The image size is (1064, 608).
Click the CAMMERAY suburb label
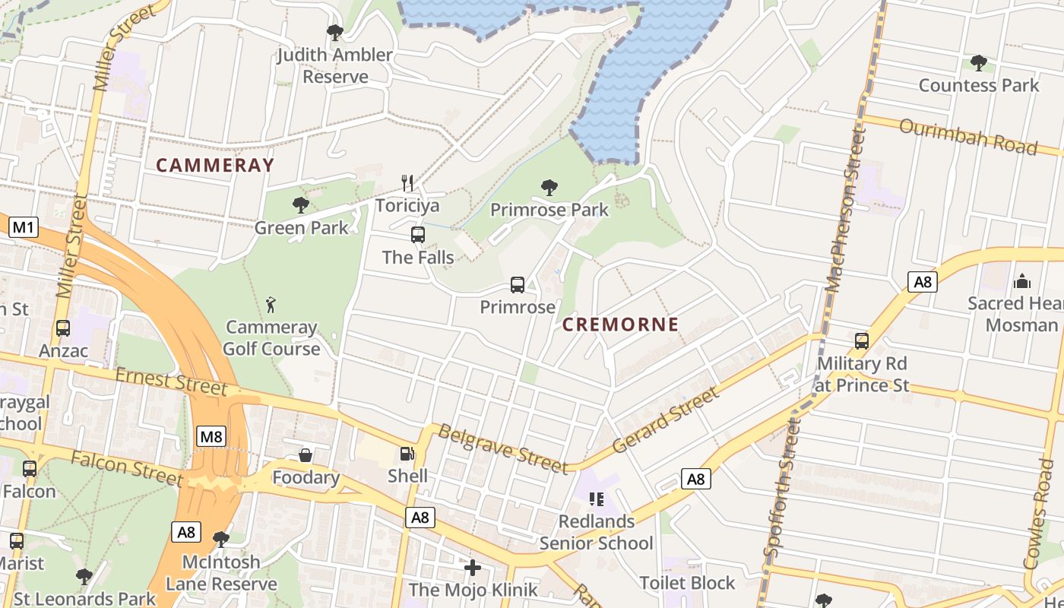[x=215, y=165]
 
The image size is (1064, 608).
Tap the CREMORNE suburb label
[x=620, y=325]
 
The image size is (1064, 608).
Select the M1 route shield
[x=24, y=227]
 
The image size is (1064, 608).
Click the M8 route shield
[x=211, y=436]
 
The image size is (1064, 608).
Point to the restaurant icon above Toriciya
[x=407, y=183]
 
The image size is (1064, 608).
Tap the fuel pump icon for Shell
[x=407, y=454]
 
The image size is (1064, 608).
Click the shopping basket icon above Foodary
[x=306, y=455]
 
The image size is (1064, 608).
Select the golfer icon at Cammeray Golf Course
[x=271, y=306]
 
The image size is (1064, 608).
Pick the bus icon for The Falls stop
[x=418, y=235]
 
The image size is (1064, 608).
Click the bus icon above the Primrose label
[x=518, y=285]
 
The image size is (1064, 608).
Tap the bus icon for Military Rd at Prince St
[x=862, y=341]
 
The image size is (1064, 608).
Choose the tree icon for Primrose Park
[x=549, y=187]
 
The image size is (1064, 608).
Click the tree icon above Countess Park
[x=979, y=62]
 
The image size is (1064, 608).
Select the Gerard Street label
[x=665, y=420]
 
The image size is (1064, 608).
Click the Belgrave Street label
[x=502, y=449]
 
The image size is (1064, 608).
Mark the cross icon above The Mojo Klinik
[x=473, y=568]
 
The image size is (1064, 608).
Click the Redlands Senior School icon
[x=597, y=499]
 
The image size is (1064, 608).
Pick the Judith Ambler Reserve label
[x=334, y=65]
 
